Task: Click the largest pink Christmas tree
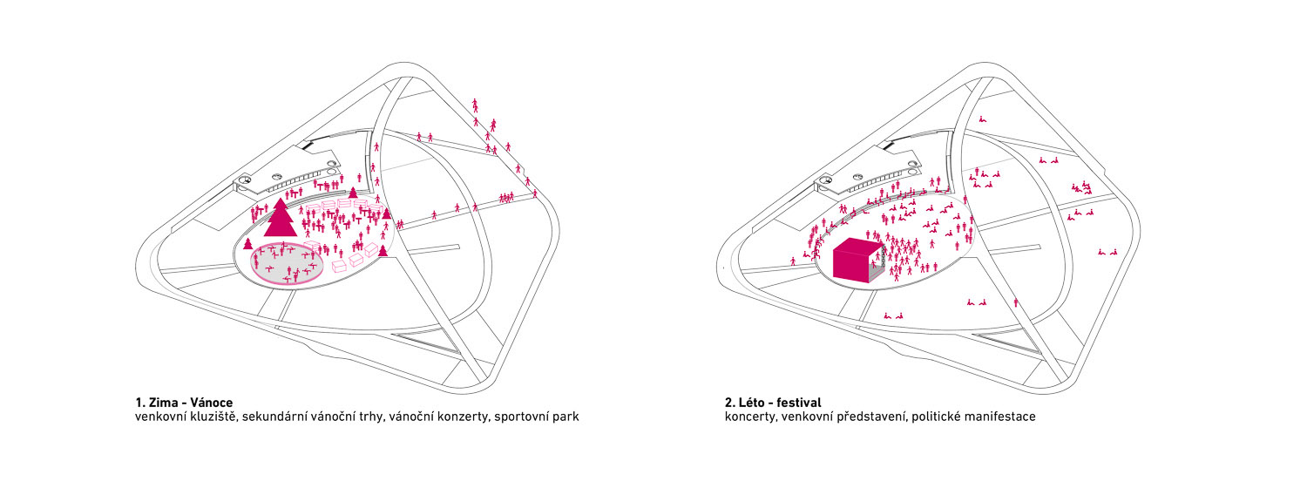tap(280, 219)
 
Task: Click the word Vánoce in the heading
tap(210, 403)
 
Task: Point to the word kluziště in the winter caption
tap(213, 417)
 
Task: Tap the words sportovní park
tap(537, 417)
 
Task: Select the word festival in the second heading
tap(800, 403)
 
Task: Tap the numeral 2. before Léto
tap(729, 403)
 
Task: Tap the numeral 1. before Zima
tap(139, 403)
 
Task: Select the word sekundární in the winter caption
tap(283, 417)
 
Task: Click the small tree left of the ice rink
tap(248, 244)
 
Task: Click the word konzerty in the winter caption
tap(458, 417)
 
